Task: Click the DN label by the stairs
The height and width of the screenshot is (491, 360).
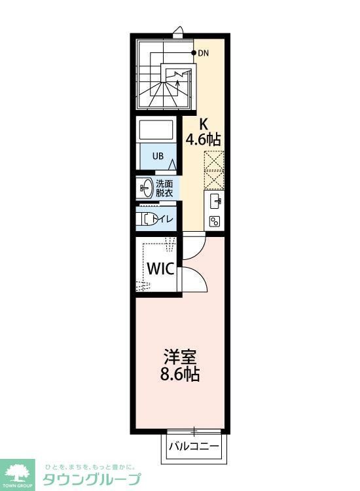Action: coord(203,53)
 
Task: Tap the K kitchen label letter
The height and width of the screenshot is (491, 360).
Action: coord(204,123)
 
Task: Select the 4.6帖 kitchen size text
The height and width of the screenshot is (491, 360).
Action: coord(203,139)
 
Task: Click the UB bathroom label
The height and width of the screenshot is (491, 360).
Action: coord(158,156)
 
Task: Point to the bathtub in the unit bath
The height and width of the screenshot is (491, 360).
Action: coord(156,130)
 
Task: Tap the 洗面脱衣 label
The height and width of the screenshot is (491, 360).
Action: coord(164,189)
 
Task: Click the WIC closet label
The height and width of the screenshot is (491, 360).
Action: coord(159,268)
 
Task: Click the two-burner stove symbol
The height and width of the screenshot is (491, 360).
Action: coord(214,221)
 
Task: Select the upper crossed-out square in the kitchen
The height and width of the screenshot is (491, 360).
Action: coord(214,160)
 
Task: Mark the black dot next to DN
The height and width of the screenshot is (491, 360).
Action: coord(194,52)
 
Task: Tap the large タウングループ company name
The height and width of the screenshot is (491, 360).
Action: coord(91,480)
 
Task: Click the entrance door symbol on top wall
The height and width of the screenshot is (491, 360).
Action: coord(178,31)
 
